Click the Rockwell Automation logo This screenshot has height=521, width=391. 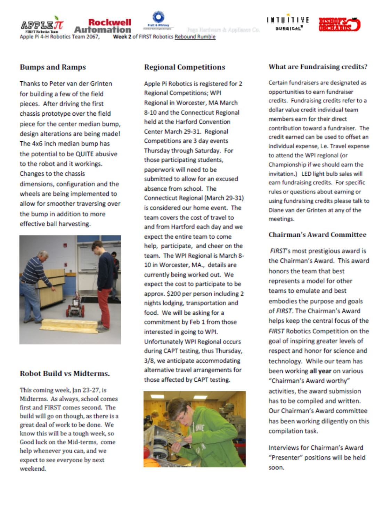click(103, 26)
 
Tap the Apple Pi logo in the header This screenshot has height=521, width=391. click(42, 25)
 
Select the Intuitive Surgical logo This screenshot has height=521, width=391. click(287, 24)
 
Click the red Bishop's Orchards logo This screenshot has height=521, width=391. click(339, 24)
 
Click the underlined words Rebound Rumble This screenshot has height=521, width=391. click(195, 37)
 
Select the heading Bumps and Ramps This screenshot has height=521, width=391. click(53, 67)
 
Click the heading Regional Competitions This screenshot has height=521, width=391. click(185, 67)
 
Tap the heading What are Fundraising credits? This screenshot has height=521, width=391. click(318, 67)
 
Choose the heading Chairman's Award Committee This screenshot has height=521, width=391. click(317, 234)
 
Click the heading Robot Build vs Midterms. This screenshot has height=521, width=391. click(65, 373)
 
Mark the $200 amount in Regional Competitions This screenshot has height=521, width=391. click(173, 294)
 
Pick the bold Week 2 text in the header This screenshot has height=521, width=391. click(122, 37)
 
